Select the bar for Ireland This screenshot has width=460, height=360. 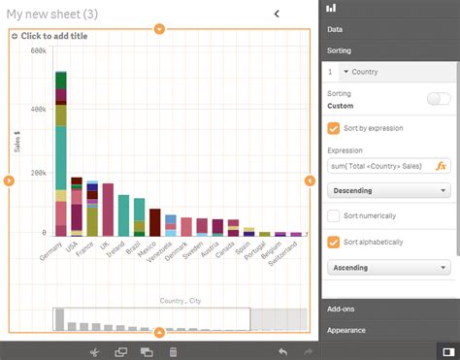point(123,214)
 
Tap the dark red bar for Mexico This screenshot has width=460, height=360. point(154,222)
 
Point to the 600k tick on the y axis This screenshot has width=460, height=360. point(38,50)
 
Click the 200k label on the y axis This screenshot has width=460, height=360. point(38,172)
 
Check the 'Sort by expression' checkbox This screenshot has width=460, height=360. point(335,127)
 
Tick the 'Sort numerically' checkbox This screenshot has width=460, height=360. point(335,215)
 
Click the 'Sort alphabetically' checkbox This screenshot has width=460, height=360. point(335,242)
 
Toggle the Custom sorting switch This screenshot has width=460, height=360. point(439,98)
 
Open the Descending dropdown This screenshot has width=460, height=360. point(389,191)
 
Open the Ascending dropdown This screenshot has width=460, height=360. point(389,267)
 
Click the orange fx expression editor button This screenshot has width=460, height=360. point(441,166)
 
